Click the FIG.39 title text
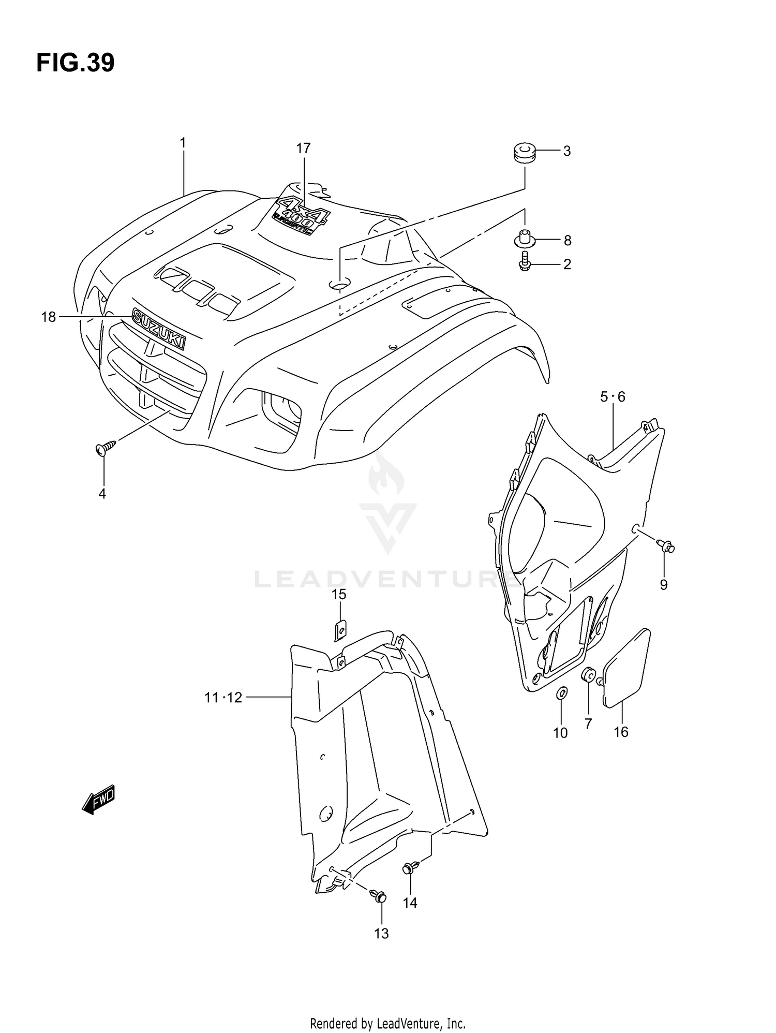coord(75,63)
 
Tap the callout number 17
coord(303,149)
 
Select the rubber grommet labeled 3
coord(524,154)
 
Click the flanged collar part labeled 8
coord(524,240)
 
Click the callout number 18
coord(48,317)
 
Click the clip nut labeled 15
coord(340,629)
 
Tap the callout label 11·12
coord(223,698)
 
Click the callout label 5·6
coord(613,397)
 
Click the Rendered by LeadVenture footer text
coord(387,1023)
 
